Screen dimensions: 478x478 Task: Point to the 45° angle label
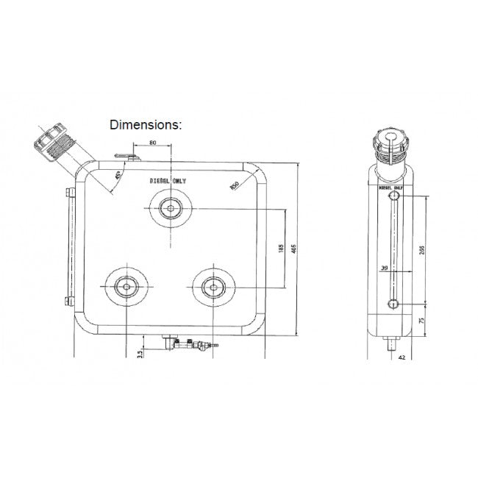pos(118,177)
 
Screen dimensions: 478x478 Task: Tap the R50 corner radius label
pos(234,186)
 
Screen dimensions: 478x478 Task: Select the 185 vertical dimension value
pos(280,249)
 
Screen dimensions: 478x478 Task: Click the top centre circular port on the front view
pos(171,208)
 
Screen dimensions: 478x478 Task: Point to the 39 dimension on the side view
pos(385,268)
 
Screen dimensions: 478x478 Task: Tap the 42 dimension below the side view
pos(402,357)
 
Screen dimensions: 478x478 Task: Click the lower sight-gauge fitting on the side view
pos(393,304)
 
